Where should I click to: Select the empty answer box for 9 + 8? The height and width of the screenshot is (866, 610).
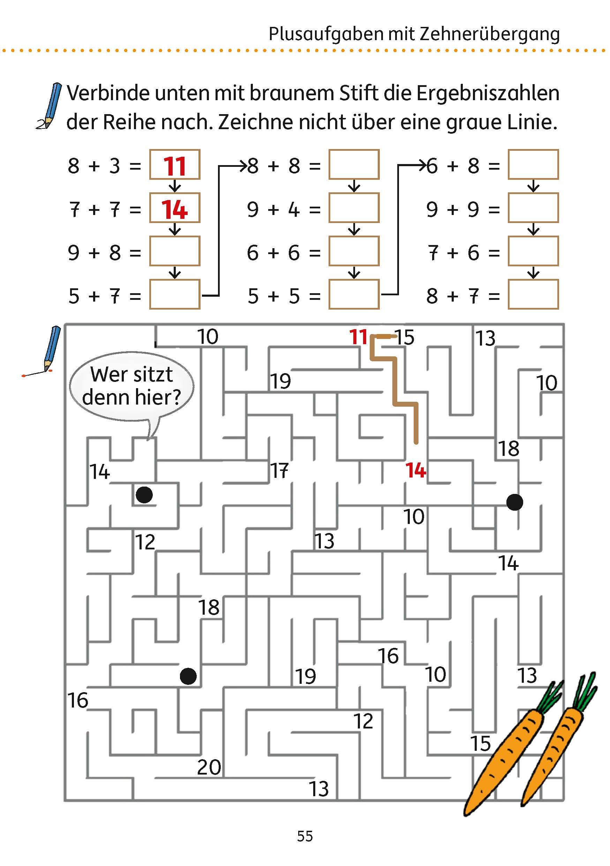174,251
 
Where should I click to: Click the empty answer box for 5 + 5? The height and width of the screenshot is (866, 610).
353,295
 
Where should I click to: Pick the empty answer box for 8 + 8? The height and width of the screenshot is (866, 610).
353,165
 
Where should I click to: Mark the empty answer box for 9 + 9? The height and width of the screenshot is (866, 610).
533,208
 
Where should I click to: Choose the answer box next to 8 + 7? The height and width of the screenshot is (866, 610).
533,295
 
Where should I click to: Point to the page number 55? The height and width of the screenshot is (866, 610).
305,837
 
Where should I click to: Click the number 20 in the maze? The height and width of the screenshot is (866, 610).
209,768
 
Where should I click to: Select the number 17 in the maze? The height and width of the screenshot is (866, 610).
279,471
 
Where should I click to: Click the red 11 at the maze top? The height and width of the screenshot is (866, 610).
358,337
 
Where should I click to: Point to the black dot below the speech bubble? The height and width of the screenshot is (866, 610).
144,495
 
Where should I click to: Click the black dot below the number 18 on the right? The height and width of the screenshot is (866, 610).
514,502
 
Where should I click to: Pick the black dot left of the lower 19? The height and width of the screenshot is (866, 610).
188,676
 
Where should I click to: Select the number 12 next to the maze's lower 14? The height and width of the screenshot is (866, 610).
145,542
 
